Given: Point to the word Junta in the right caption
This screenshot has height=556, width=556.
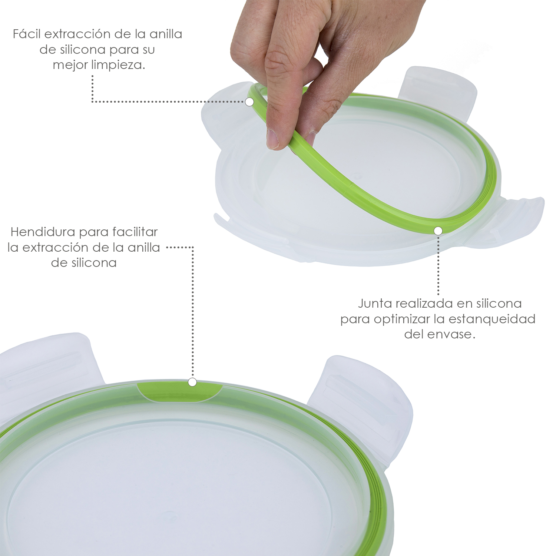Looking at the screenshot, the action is [x=375, y=304].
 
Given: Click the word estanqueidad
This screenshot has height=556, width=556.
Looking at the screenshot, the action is [x=492, y=319].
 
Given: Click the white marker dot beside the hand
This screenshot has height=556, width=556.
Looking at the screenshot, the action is [x=249, y=102].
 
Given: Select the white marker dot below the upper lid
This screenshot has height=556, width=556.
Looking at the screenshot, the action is [x=438, y=231].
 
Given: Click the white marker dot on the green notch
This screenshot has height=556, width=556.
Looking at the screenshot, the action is [x=192, y=382].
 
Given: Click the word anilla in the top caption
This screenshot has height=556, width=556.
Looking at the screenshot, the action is [x=166, y=34].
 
